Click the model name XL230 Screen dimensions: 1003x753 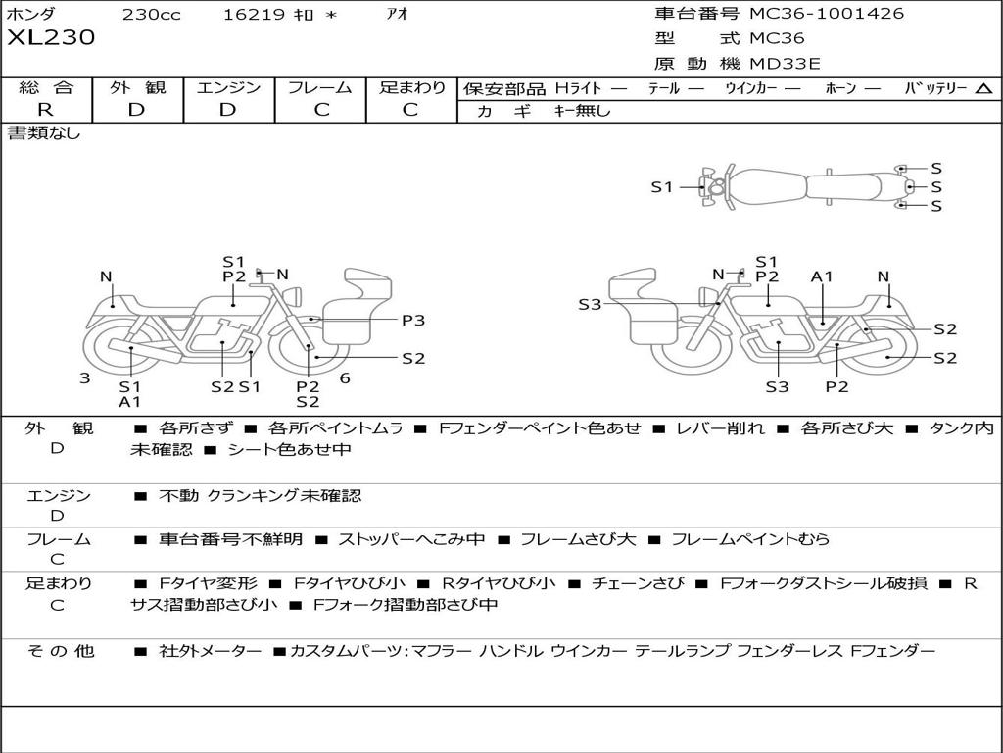[x=51, y=37]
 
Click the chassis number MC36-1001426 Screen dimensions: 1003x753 [x=827, y=14]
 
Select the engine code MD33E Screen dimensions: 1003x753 [x=785, y=64]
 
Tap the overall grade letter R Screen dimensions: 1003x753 [x=45, y=110]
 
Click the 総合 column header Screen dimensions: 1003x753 [x=46, y=87]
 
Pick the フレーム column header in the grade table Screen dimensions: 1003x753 [x=320, y=87]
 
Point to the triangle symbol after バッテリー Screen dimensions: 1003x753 [x=983, y=89]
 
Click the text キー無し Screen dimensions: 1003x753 [x=582, y=111]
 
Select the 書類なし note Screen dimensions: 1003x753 [x=43, y=133]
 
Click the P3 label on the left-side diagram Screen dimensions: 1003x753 [x=413, y=321]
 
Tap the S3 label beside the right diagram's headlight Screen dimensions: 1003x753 [x=590, y=305]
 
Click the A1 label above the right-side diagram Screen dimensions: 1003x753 [x=822, y=276]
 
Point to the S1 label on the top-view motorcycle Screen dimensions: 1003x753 [x=662, y=187]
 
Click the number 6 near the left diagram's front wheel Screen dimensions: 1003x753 [x=345, y=378]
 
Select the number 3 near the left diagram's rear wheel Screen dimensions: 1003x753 [x=84, y=378]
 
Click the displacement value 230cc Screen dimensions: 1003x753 [x=152, y=14]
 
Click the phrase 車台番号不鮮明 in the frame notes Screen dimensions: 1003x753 [x=230, y=539]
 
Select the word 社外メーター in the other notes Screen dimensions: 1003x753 [x=211, y=651]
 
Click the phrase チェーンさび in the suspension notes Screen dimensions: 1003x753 [x=638, y=583]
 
